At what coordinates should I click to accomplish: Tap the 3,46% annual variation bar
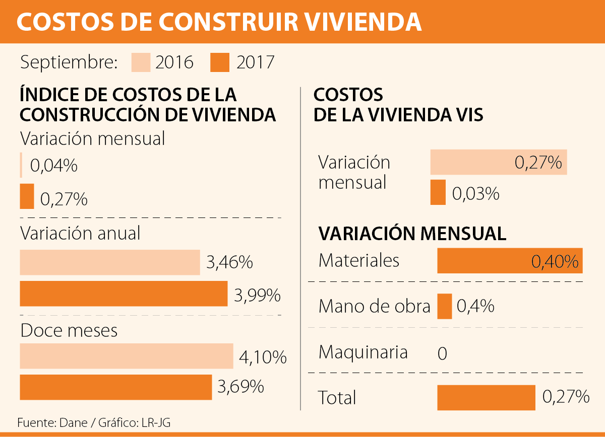coord(110,262)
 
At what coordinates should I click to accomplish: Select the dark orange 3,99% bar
coord(124,294)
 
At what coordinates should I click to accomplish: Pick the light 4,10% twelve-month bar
coord(127,356)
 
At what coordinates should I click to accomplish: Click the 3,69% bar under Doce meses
coord(115,387)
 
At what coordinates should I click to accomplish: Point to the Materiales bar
coord(510,261)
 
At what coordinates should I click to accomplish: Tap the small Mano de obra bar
coord(444,306)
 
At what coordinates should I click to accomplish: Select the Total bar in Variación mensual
coord(486,398)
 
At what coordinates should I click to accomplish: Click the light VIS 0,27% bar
coord(499,162)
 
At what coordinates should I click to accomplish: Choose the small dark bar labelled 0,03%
coord(438,192)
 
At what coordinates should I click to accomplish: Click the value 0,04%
coord(54,166)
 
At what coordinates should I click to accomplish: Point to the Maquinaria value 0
coord(442,354)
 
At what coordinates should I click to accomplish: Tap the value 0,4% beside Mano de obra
coord(475,306)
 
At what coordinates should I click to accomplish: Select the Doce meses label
coord(69,330)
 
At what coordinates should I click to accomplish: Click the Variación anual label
coord(80,233)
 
